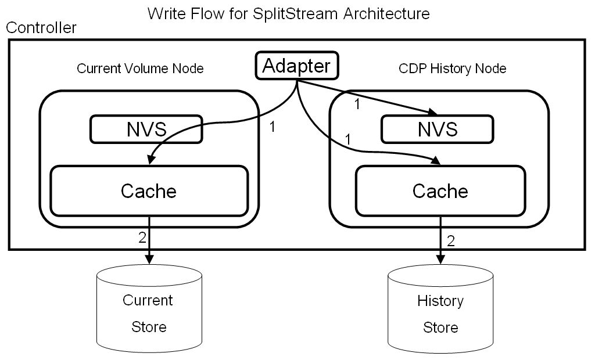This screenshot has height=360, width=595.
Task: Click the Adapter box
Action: point(296,66)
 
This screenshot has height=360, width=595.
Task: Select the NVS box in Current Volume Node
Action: point(146,129)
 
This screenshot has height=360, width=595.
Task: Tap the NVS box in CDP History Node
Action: point(437,129)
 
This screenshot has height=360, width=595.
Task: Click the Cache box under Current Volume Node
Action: point(149,190)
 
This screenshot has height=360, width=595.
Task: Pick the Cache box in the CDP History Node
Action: point(440,190)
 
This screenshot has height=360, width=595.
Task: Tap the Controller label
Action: point(41,28)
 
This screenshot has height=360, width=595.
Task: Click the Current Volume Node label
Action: point(140,69)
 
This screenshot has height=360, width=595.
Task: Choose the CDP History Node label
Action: point(452,69)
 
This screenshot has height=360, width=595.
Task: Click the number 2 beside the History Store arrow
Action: point(451,240)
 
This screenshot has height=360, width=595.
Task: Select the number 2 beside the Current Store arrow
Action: point(141,237)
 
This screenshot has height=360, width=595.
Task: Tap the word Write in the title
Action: point(164,13)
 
